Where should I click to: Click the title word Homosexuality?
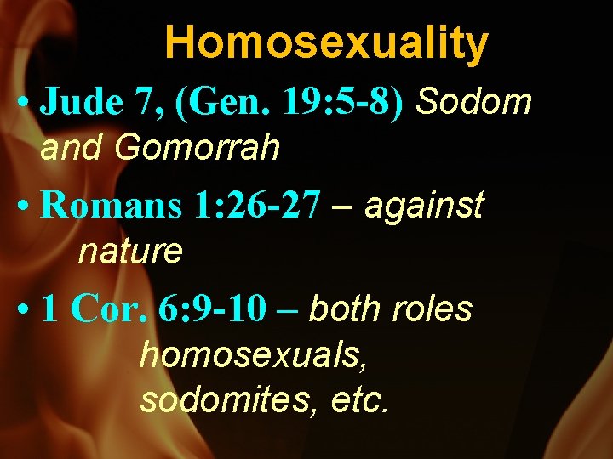pos(327,42)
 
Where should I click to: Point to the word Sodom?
pos(475,103)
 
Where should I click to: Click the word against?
pos(424,207)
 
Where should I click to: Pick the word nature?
pos(130,252)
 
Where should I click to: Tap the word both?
pos(346,309)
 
